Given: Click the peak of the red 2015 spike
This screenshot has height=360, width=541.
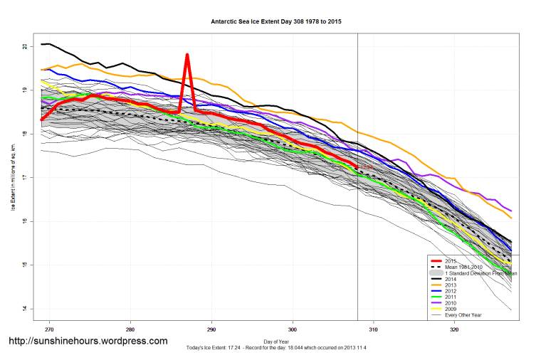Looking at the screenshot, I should [187, 55].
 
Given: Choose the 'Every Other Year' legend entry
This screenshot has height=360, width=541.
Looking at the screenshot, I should [463, 315].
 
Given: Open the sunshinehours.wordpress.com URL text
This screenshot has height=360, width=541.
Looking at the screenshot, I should [88, 342].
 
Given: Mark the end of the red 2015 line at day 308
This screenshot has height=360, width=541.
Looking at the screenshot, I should [357, 166].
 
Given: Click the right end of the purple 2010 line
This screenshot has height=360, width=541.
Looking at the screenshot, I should [510, 211].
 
